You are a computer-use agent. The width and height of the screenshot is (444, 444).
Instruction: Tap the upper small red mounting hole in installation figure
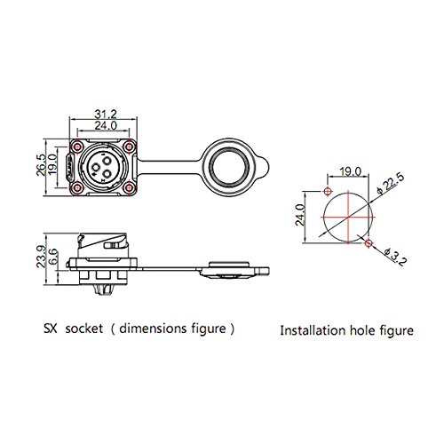pos(327,193)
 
